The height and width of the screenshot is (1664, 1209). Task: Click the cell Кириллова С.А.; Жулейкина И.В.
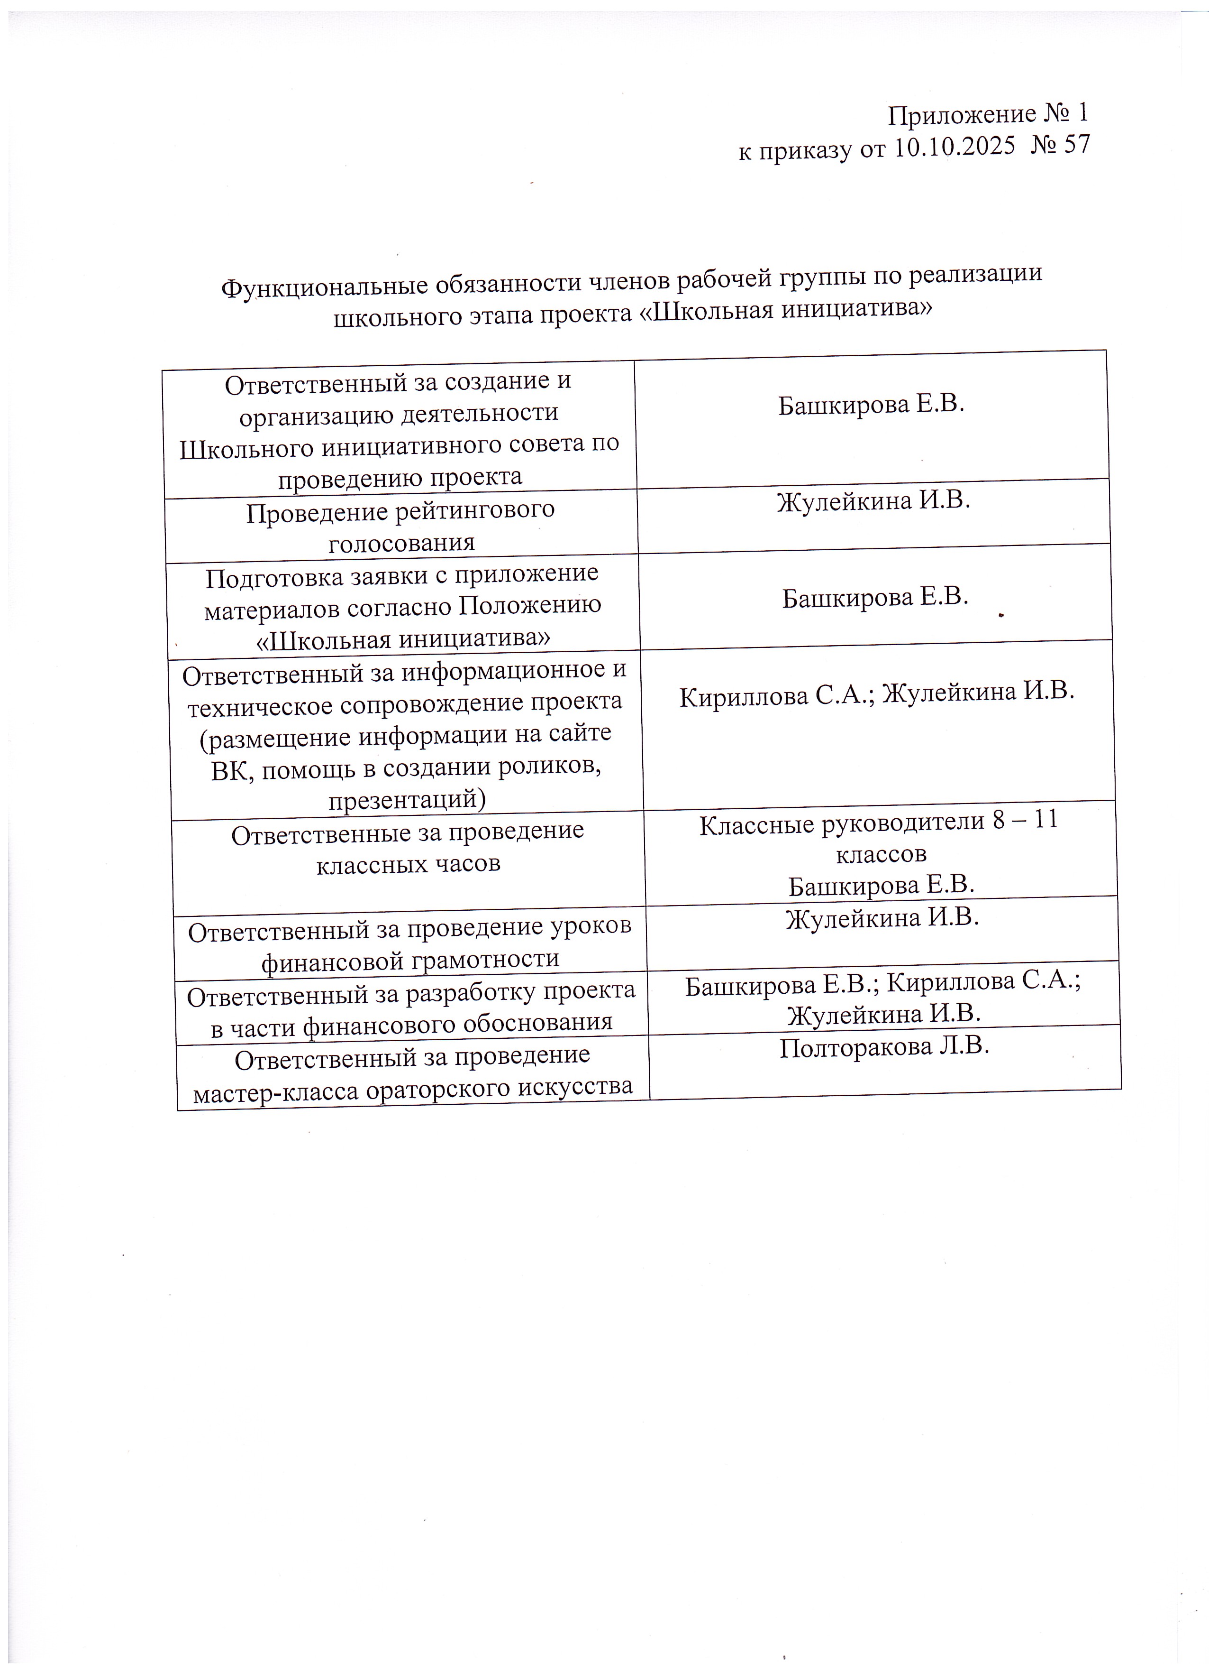[877, 695]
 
